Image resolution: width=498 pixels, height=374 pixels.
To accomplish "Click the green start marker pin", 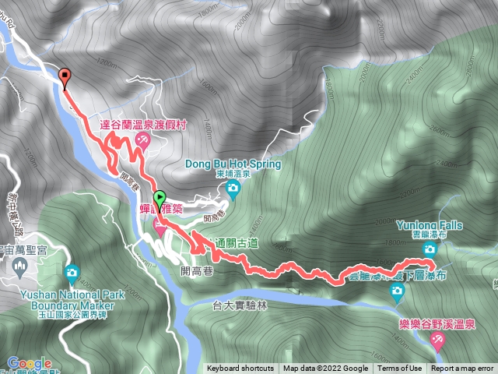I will coord(160,199).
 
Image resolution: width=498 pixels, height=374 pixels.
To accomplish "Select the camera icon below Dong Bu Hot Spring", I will coord(232,189).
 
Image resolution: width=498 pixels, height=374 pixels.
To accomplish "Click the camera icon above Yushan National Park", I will coord(72,273).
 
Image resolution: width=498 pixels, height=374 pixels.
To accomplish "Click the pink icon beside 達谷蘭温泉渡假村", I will coord(142,139).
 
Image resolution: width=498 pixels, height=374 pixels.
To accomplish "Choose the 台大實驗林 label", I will coord(238,306).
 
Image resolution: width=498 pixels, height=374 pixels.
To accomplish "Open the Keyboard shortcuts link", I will coord(240,369).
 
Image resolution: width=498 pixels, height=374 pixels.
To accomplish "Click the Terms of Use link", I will coord(400,369).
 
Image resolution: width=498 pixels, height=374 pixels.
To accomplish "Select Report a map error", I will coord(462,369).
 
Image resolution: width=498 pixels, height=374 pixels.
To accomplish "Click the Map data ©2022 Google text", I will coord(325,369).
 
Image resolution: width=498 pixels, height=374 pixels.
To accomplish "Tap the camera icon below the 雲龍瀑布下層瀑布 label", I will coord(397,291).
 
